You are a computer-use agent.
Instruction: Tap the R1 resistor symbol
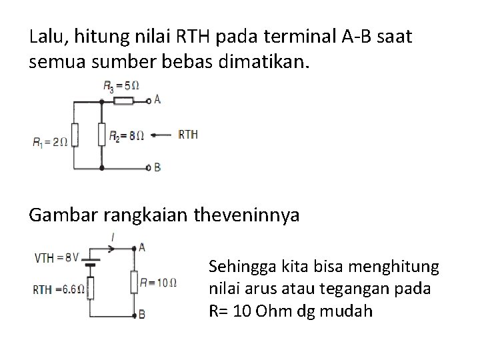pyautogui.click(x=75, y=135)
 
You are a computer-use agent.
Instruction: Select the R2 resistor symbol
pyautogui.click(x=101, y=135)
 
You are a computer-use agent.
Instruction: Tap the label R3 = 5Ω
pyautogui.click(x=121, y=85)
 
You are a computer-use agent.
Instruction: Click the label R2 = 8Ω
pyautogui.click(x=127, y=135)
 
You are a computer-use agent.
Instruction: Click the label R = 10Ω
pyautogui.click(x=158, y=282)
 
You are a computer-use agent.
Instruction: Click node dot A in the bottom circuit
pyautogui.click(x=133, y=247)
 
